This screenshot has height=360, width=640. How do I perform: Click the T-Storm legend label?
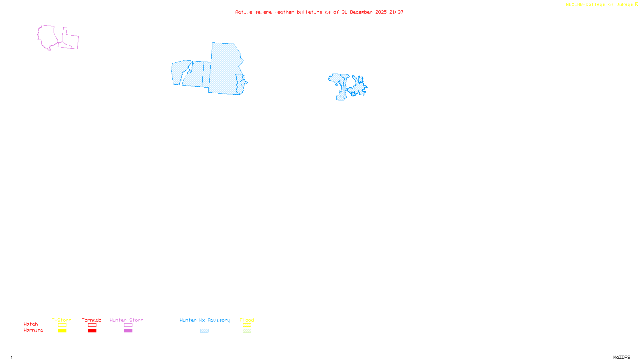click(62, 320)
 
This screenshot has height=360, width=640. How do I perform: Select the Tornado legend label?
click(92, 320)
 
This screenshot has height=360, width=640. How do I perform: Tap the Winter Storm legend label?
click(126, 320)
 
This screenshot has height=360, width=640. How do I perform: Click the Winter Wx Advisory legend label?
click(205, 320)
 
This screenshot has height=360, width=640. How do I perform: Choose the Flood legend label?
click(247, 320)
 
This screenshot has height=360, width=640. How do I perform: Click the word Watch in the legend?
click(31, 324)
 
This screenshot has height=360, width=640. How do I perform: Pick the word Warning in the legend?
click(34, 330)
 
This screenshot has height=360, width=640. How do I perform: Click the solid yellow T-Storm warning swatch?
click(62, 331)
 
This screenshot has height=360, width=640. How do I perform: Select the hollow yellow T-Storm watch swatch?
click(62, 325)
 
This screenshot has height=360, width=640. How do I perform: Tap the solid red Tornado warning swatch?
click(92, 331)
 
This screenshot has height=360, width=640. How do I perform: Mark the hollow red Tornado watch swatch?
click(92, 325)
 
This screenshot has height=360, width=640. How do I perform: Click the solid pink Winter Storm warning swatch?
click(128, 331)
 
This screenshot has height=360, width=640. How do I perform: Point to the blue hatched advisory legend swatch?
click(204, 331)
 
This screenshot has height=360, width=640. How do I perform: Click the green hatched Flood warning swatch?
click(247, 331)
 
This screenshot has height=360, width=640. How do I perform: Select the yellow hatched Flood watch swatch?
click(247, 325)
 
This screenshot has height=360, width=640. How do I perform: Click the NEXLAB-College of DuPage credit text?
click(600, 5)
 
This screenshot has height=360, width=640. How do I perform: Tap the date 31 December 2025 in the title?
click(364, 12)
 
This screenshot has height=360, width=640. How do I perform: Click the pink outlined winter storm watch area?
click(48, 36)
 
